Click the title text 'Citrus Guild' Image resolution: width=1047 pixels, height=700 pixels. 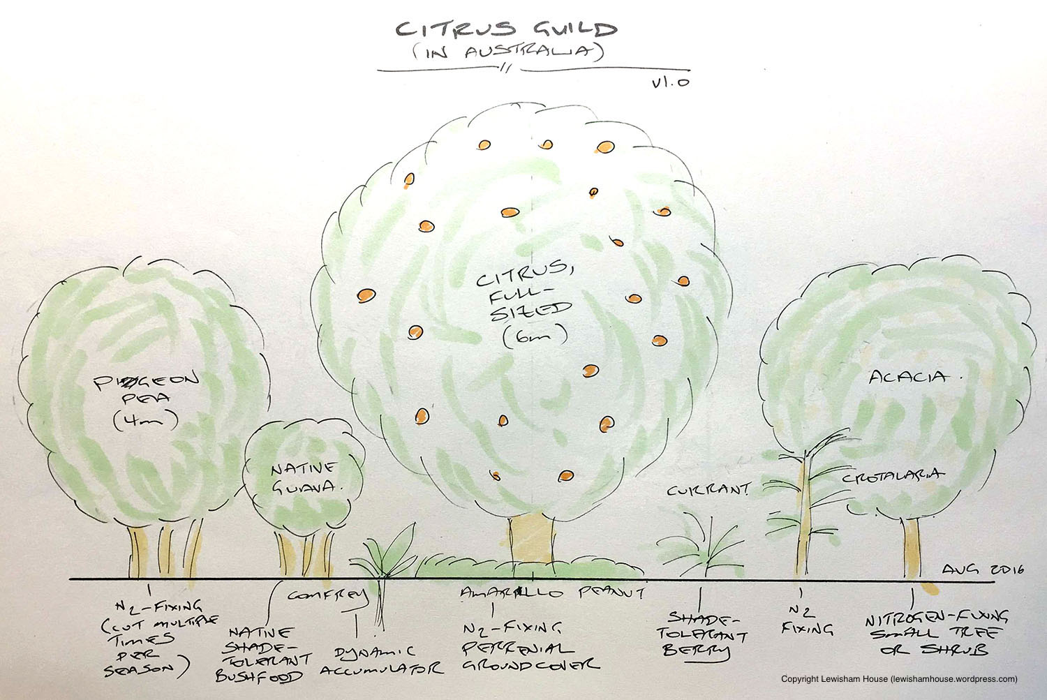click(x=507, y=29)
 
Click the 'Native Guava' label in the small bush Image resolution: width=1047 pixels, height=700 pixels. click(x=302, y=475)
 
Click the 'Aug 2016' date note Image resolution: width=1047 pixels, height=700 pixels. click(x=982, y=570)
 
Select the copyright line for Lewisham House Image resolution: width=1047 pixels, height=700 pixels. click(x=899, y=678)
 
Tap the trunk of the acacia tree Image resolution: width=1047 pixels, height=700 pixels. click(x=913, y=549)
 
